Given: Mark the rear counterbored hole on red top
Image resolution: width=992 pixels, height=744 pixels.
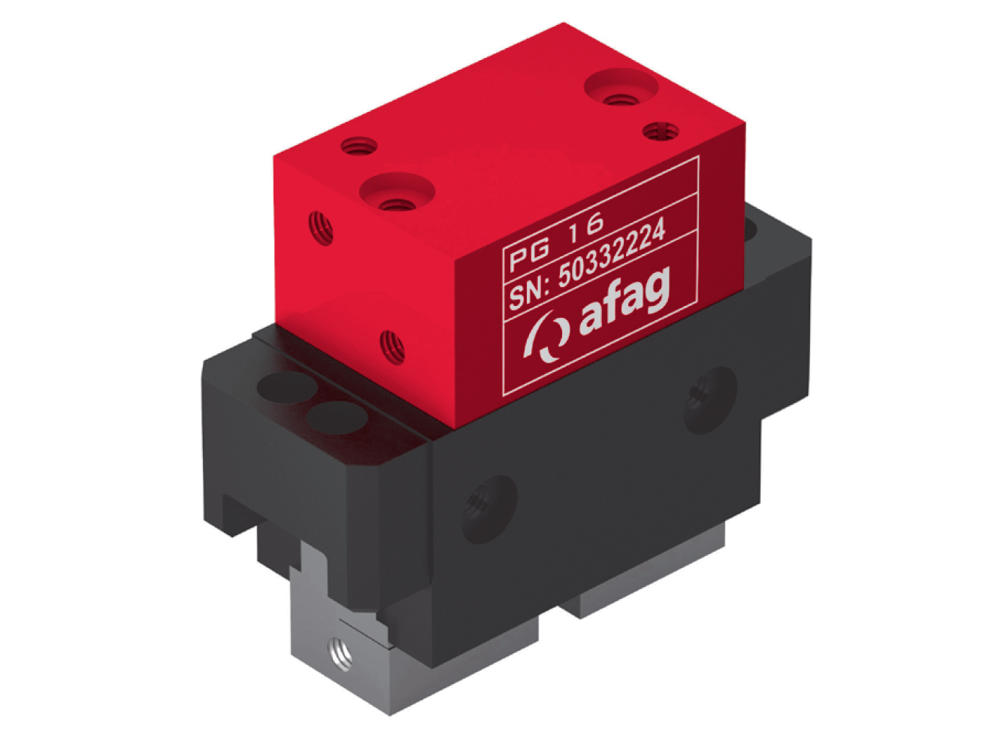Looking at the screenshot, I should click(x=621, y=89).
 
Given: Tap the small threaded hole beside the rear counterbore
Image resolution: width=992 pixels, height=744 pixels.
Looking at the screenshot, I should click(x=661, y=132).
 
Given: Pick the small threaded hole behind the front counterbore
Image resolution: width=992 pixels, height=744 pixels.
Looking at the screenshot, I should click(x=358, y=144).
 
